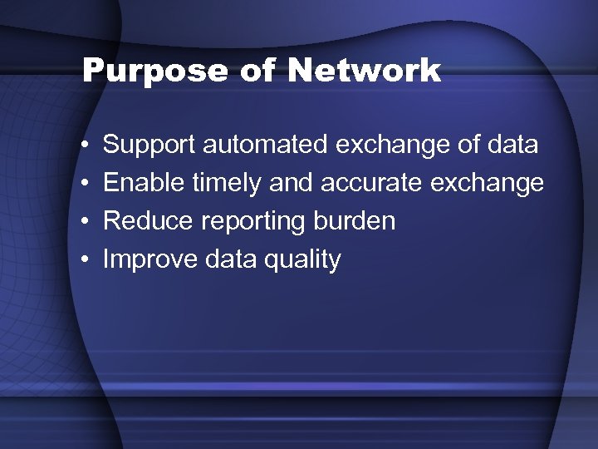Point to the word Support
point(149,146)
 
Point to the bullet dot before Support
point(87,146)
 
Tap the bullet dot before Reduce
point(87,222)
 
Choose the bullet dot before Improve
point(87,260)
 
